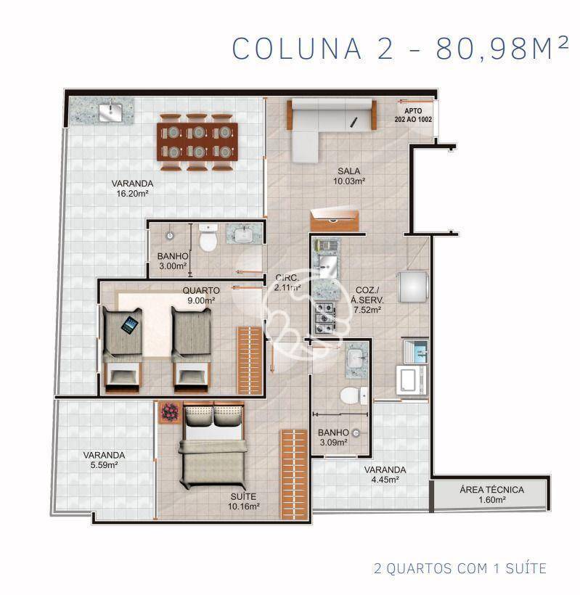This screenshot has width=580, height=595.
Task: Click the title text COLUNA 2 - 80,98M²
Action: point(400,48)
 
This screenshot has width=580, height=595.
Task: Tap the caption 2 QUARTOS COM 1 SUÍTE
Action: point(459,567)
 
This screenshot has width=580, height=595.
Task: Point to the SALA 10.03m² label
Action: point(349,176)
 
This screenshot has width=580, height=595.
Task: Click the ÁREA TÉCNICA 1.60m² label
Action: point(491,494)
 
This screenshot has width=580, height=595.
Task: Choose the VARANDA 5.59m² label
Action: point(104,460)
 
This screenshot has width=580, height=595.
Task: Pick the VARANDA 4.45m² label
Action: point(385,474)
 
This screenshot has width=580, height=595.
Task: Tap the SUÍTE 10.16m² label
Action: point(244,501)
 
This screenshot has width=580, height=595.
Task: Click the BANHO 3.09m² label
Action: point(334,437)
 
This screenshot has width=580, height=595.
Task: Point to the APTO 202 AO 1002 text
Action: point(412,115)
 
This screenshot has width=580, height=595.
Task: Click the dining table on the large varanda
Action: point(198,142)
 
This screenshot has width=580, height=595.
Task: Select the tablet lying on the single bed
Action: point(130,326)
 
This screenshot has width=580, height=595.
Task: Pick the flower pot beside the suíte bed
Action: point(170,412)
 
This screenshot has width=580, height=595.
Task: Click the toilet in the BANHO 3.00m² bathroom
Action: point(208,238)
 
